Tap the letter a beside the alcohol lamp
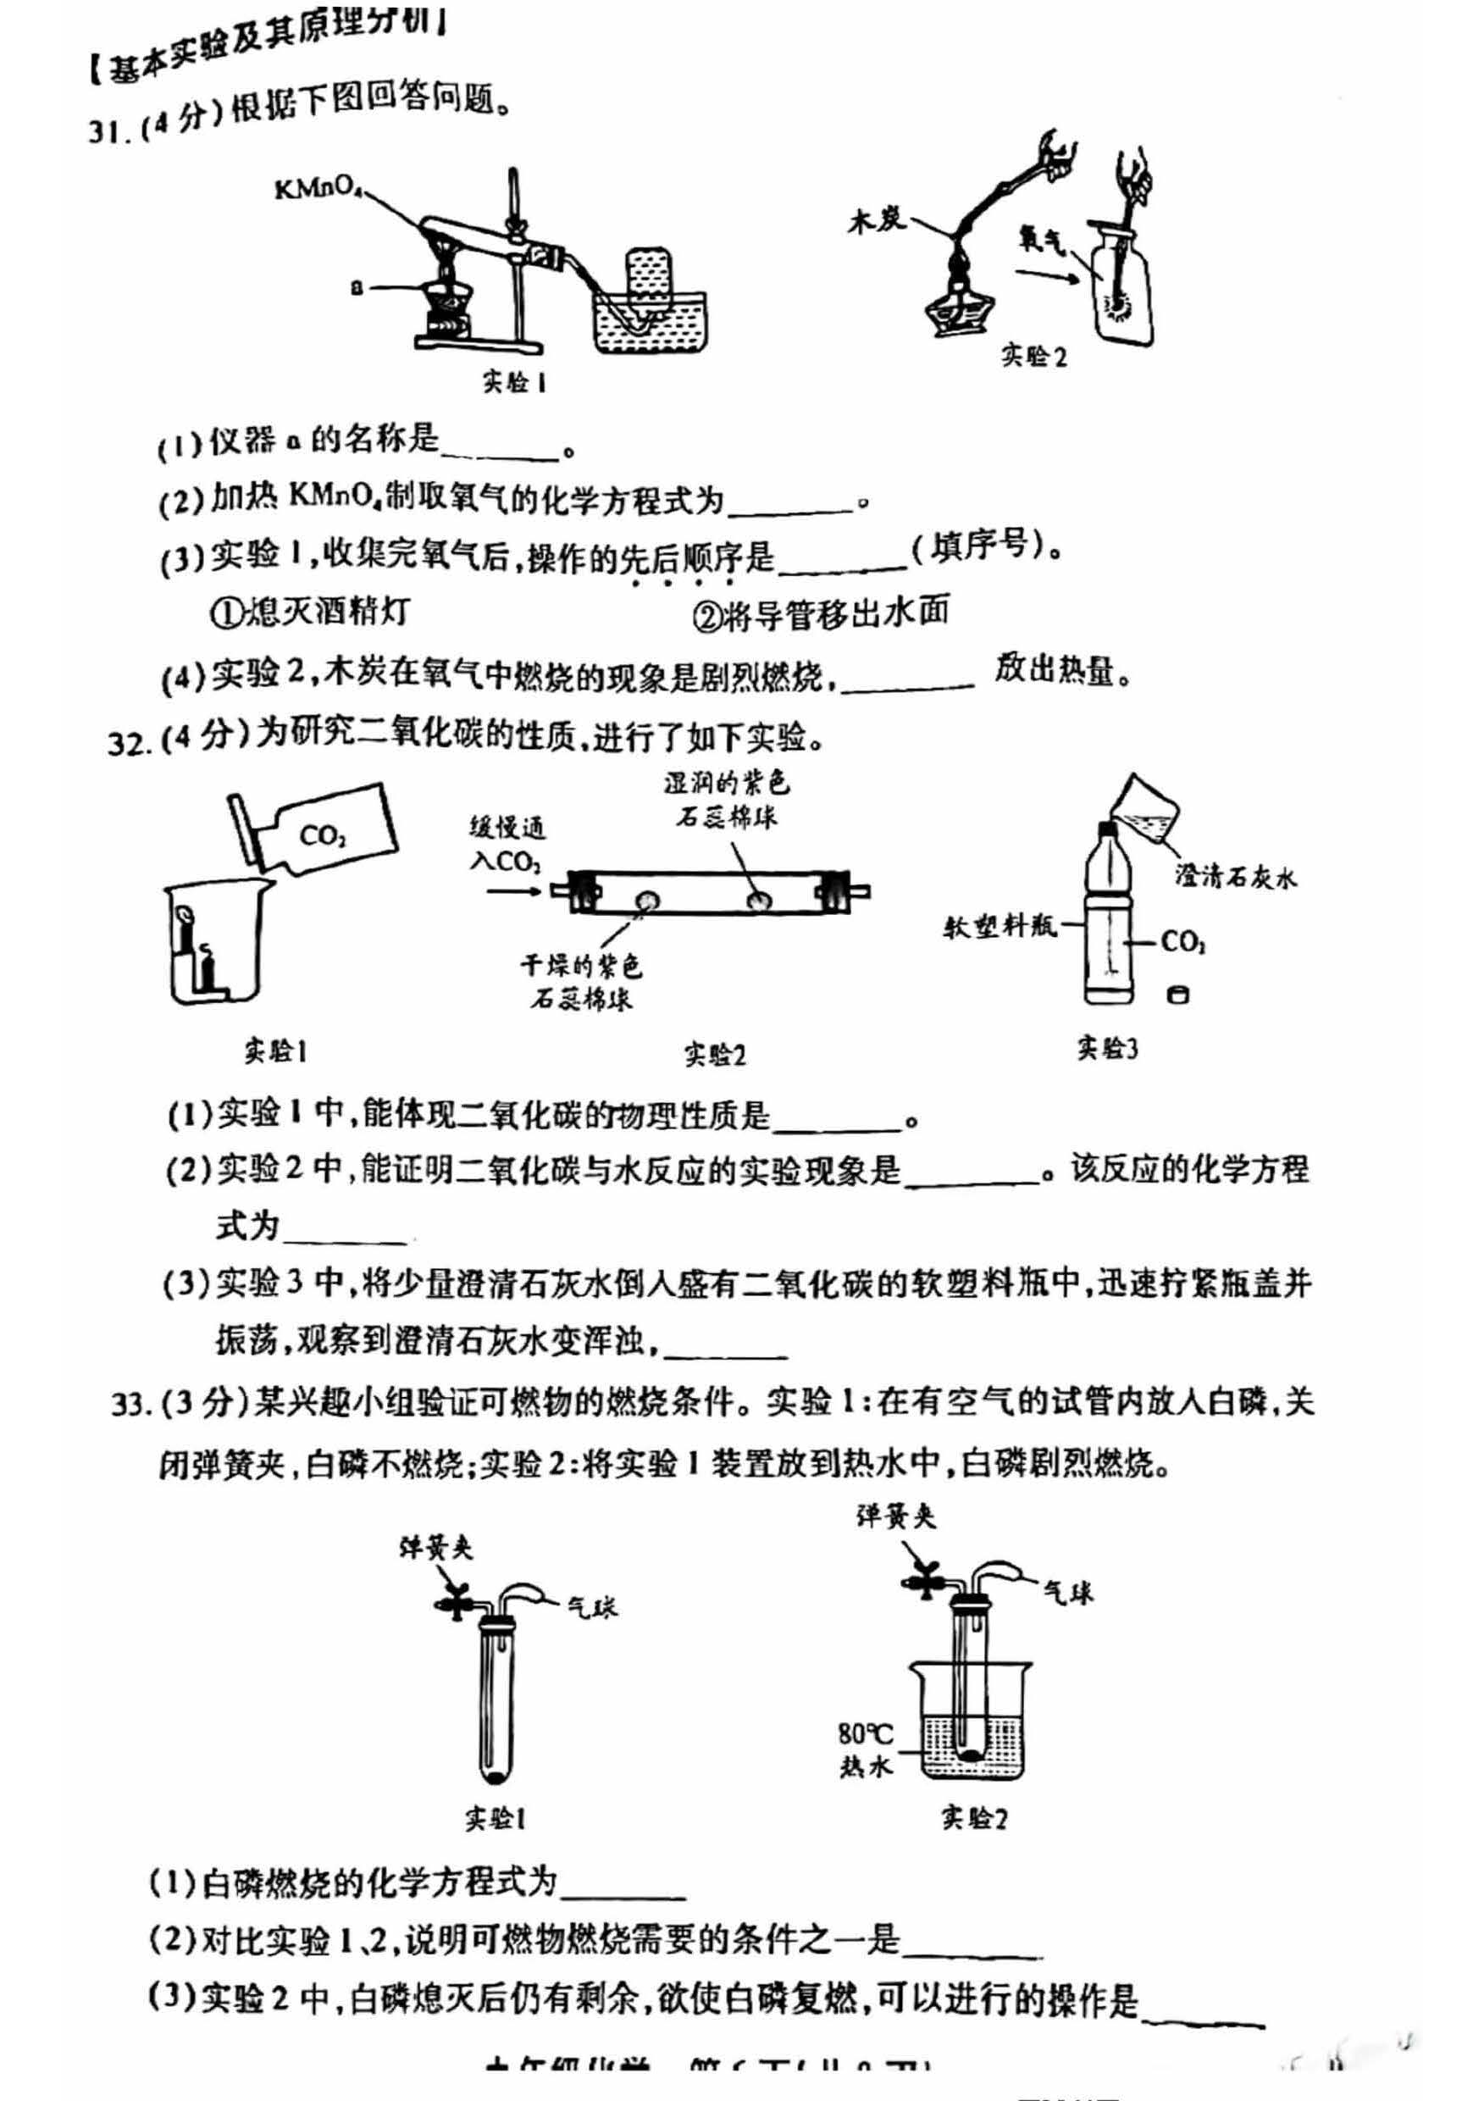[x=357, y=288]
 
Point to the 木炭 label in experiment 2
[x=876, y=220]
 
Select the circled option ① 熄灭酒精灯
[x=311, y=610]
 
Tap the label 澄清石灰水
[x=1235, y=877]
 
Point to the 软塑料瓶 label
[x=999, y=927]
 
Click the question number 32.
[x=128, y=742]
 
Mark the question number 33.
[x=130, y=1403]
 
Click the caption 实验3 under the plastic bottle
[x=1106, y=1048]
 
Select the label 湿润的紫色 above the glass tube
[x=727, y=783]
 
